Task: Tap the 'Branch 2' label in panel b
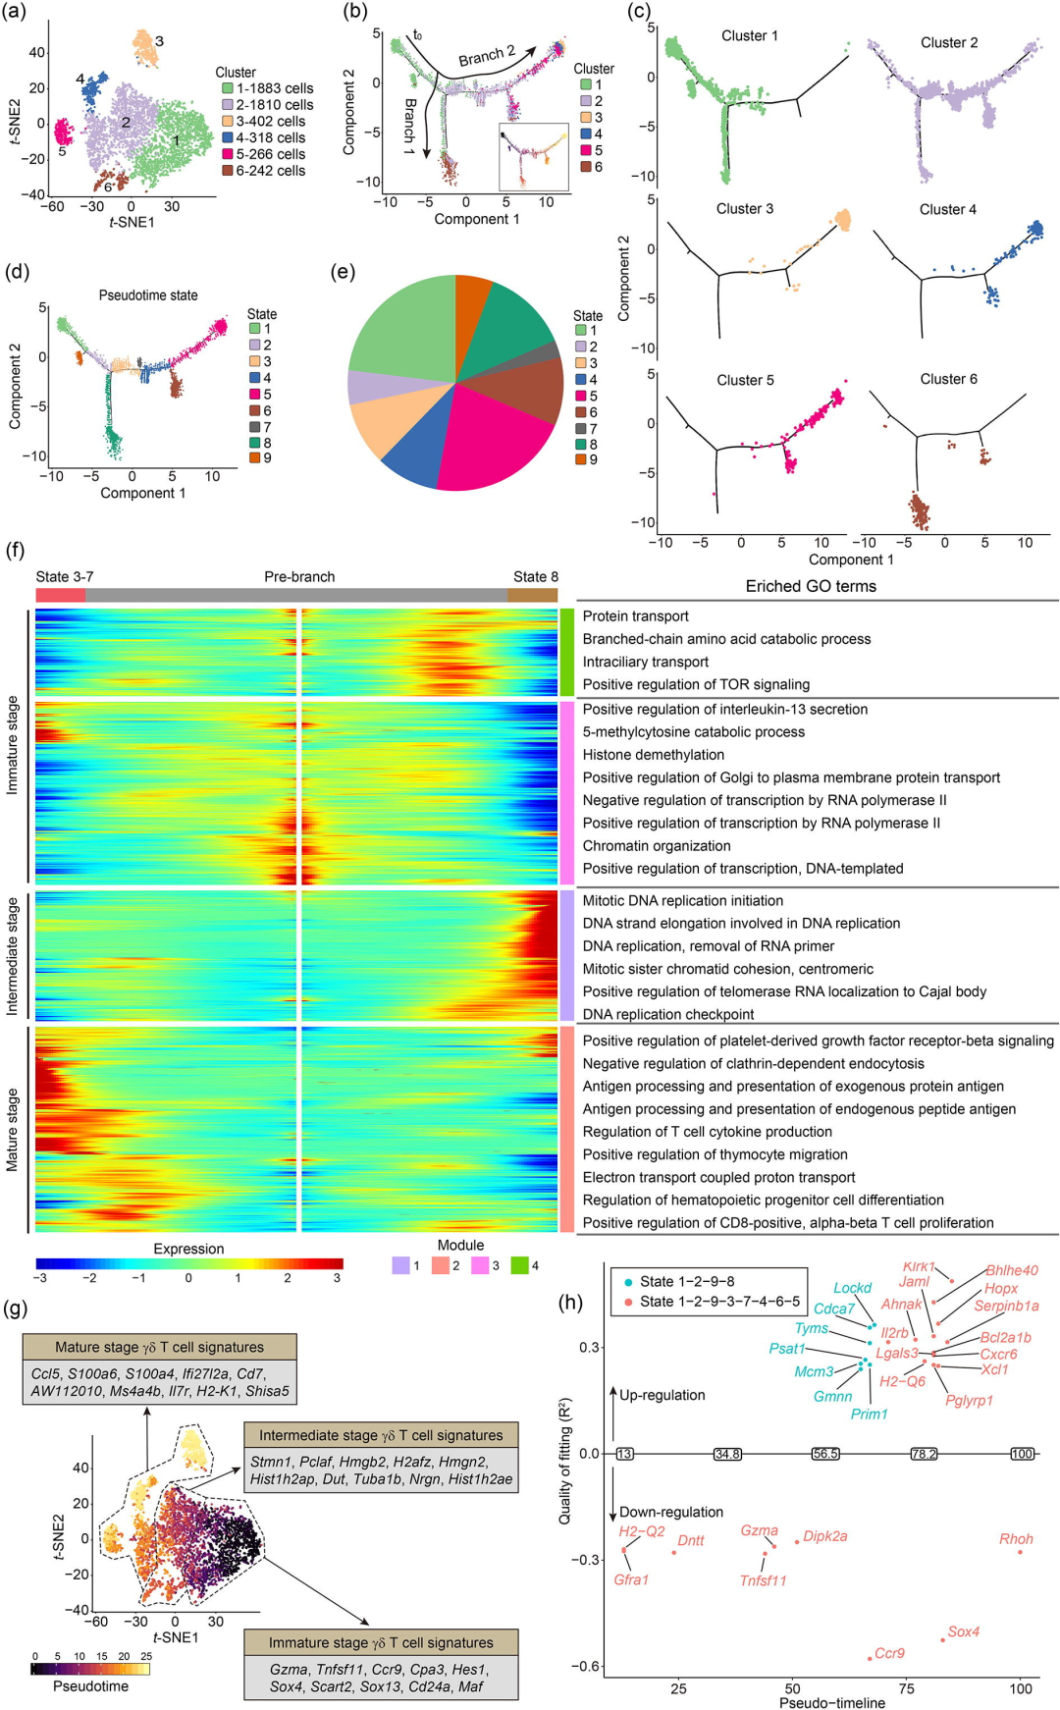point(487,56)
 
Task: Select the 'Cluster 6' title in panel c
point(948,379)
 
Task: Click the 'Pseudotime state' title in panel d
point(148,295)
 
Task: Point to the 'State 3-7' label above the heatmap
point(65,577)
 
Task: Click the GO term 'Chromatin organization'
point(657,846)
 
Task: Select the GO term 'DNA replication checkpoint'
point(668,1015)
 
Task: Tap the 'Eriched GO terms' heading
point(811,586)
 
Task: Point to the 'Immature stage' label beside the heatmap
point(13,745)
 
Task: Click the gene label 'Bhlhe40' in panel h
point(1012,1270)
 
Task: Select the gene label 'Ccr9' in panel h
point(889,1653)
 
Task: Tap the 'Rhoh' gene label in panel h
point(1016,1539)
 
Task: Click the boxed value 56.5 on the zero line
point(825,1454)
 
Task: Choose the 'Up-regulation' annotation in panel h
point(662,1395)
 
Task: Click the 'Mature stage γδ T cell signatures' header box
point(159,1347)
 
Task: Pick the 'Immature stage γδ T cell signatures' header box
point(381,1642)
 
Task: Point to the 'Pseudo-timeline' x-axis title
point(832,1703)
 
